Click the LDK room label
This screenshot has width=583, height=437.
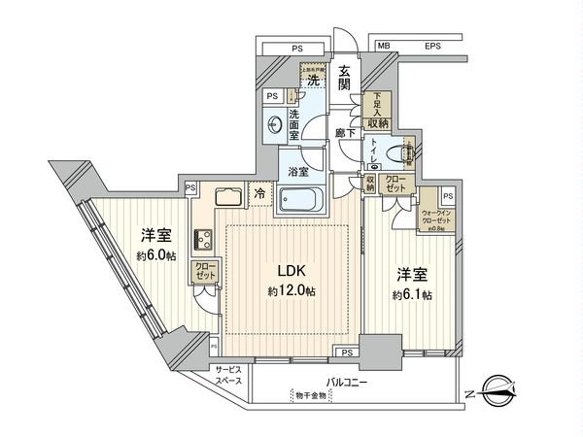tap(291, 271)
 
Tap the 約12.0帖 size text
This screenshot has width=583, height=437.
tap(291, 291)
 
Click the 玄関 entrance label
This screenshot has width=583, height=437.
tap(345, 79)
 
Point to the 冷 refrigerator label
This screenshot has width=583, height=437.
tap(260, 192)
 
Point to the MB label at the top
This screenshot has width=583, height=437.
tap(385, 44)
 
